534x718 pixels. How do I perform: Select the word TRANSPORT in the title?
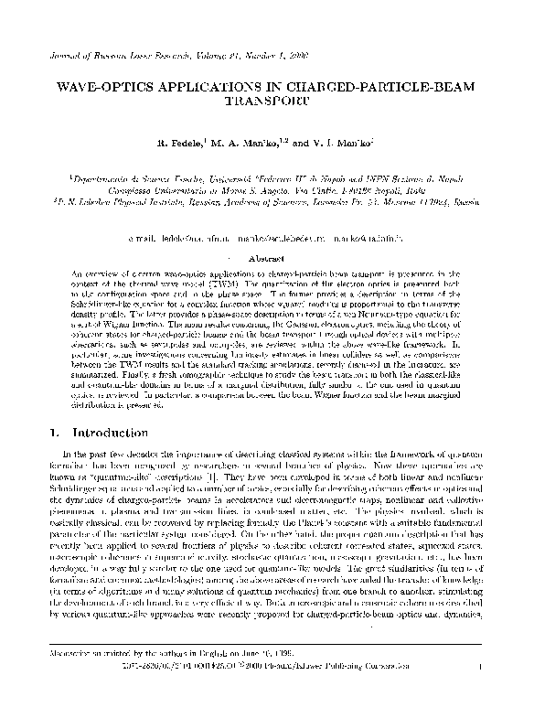[x=266, y=106]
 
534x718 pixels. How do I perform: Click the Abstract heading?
[x=267, y=259]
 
